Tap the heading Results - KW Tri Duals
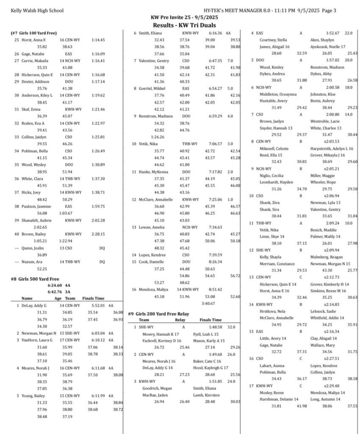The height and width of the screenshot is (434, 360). coord(180,26)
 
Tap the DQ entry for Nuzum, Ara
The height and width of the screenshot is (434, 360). coord(102,262)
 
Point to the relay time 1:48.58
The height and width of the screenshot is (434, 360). coord(215,327)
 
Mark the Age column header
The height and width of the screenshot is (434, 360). coord(58,298)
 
